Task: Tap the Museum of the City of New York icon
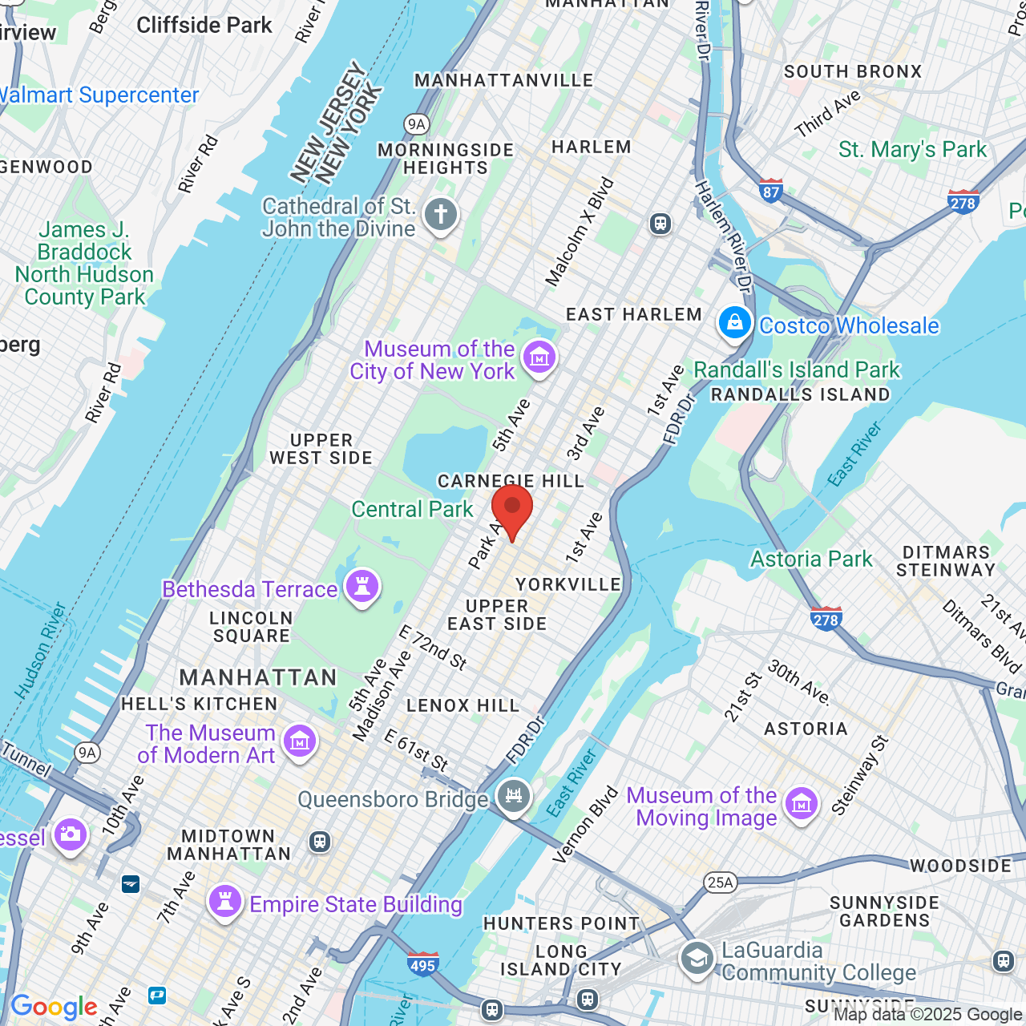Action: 539,357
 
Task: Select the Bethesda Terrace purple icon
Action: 362,586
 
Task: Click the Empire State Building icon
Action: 225,902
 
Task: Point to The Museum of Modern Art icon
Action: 300,741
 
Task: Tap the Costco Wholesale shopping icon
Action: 734,323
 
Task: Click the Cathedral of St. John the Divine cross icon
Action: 440,215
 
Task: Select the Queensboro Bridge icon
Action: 513,797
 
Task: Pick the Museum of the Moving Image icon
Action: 801,804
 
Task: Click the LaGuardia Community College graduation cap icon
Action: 697,958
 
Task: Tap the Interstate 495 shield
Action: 422,964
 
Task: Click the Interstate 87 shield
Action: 771,191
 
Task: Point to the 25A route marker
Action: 720,883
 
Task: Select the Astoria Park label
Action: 811,559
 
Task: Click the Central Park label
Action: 412,509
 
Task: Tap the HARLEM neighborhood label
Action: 592,147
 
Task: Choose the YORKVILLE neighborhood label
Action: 568,584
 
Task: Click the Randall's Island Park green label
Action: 797,370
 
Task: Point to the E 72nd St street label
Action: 433,647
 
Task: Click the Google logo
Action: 54,1007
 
